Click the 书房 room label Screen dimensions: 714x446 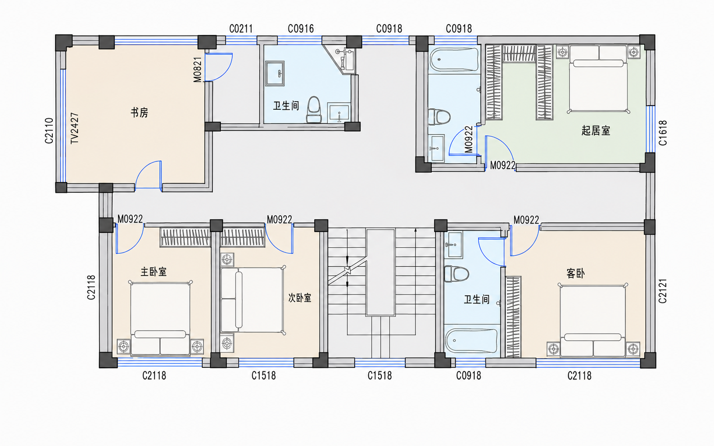[x=139, y=112]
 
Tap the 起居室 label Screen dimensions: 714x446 [x=596, y=130]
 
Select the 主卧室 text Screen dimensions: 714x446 [x=154, y=272]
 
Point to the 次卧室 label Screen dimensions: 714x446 [x=300, y=298]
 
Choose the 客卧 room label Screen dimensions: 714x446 [x=575, y=273]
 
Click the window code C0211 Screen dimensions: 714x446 [x=241, y=29]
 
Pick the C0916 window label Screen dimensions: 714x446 [x=301, y=29]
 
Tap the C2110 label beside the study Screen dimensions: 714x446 [x=49, y=130]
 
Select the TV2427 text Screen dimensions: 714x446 [x=74, y=128]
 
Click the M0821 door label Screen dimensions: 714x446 [x=198, y=70]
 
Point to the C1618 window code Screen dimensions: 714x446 [x=663, y=133]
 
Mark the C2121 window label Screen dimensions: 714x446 [x=663, y=290]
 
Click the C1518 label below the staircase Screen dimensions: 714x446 [x=380, y=376]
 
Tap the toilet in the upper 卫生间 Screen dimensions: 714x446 [x=314, y=110]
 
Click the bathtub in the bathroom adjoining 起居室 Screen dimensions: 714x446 [x=454, y=59]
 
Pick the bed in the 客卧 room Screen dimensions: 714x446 [x=593, y=320]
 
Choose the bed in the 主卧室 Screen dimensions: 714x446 [x=160, y=318]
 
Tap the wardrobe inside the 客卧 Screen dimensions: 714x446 [x=513, y=317]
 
